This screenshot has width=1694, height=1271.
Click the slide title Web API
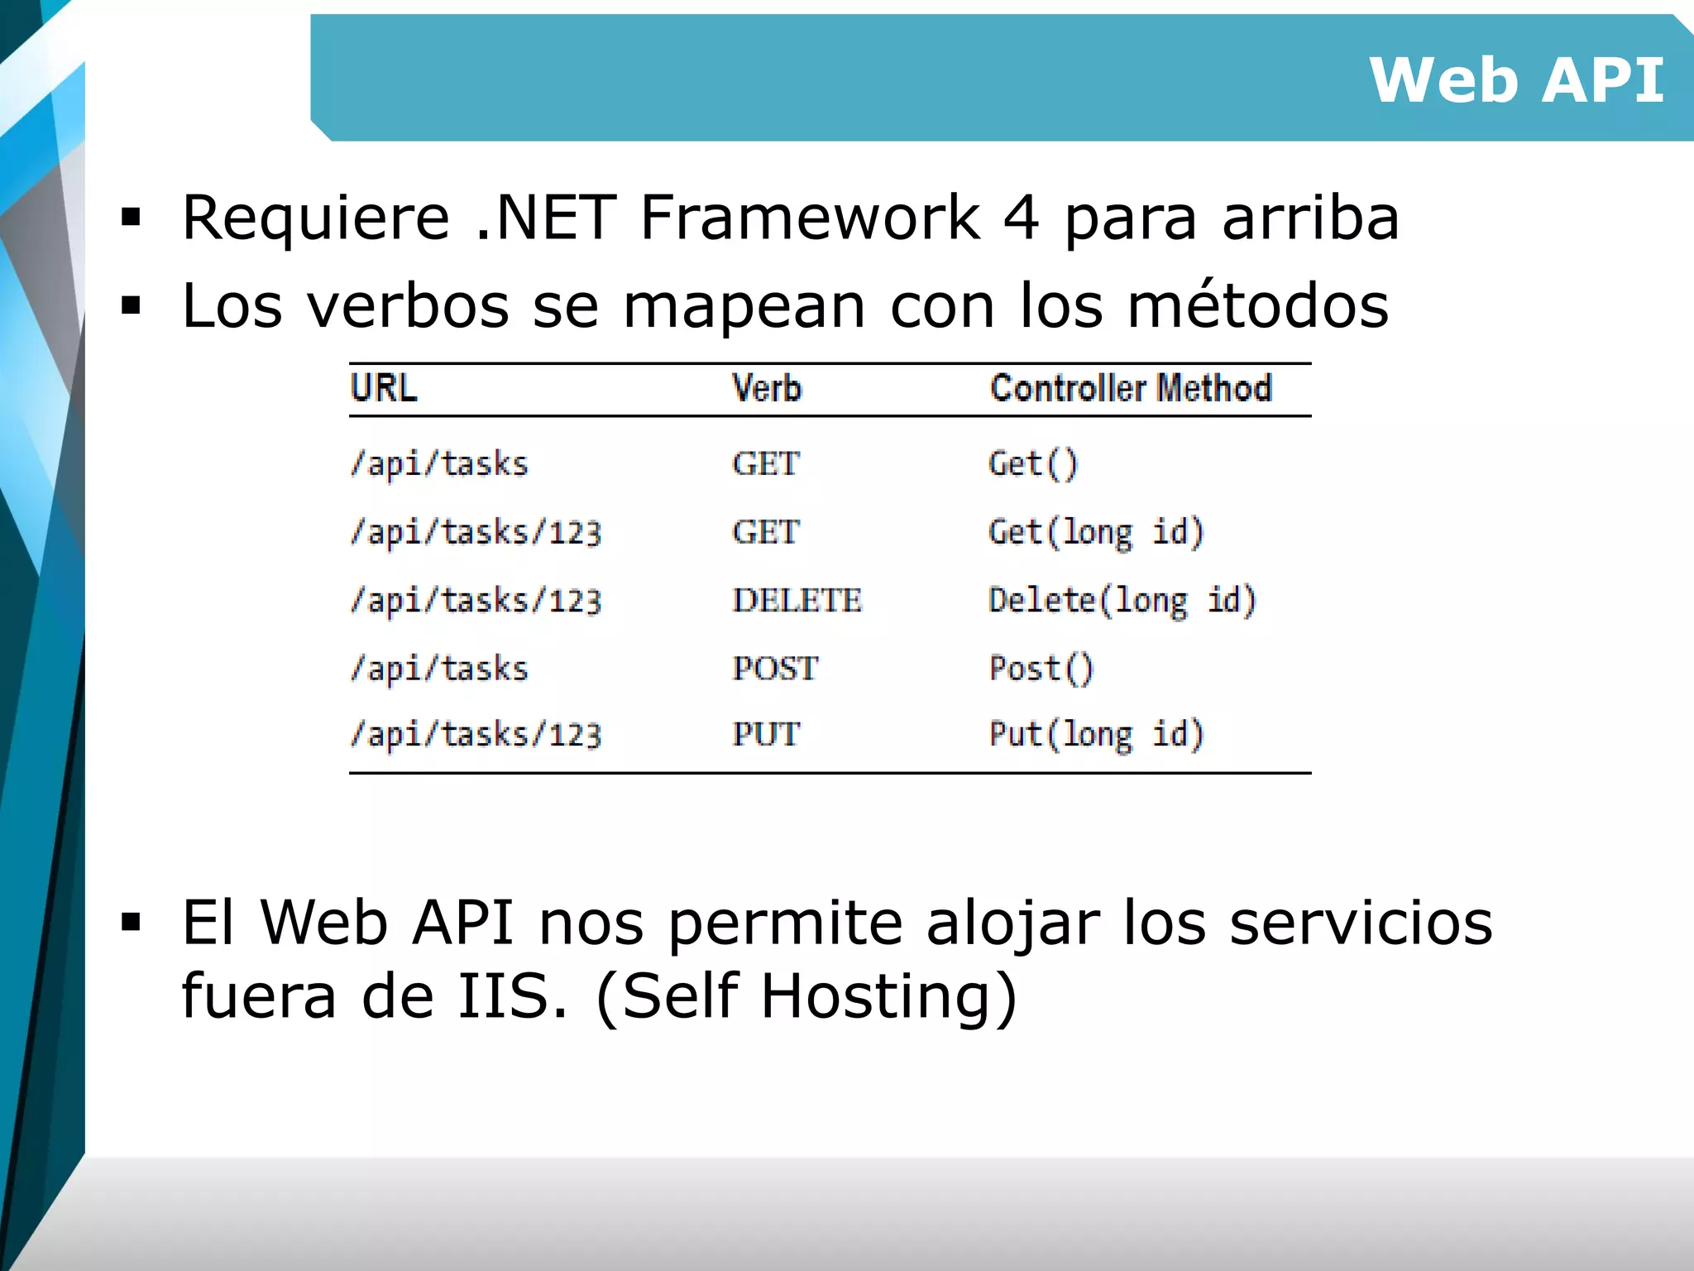pos(1515,80)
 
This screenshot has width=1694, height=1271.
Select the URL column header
pos(384,388)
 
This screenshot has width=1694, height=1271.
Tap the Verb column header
pos(767,388)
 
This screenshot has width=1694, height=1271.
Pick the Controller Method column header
pos(1131,388)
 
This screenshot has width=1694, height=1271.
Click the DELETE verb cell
pos(797,600)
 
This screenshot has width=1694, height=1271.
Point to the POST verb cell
pos(775,668)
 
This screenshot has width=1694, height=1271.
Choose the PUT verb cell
pos(766,734)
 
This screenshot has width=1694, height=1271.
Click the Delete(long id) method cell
pos(1122,600)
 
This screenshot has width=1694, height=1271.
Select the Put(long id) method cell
pos(1096,734)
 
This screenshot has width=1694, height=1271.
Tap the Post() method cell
pos(1041,668)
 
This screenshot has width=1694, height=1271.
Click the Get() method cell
pos(1033,463)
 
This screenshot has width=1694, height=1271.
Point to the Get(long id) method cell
pos(1096,532)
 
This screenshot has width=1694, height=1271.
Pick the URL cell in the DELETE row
pos(476,600)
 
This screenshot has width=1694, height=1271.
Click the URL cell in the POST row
pos(439,668)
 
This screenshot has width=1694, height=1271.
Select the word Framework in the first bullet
pos(810,218)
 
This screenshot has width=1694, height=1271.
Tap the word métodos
pos(1257,305)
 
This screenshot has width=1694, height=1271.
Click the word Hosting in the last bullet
pos(877,995)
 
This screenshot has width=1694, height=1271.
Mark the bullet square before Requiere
pos(131,218)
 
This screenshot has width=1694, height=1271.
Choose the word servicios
pos(1361,923)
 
